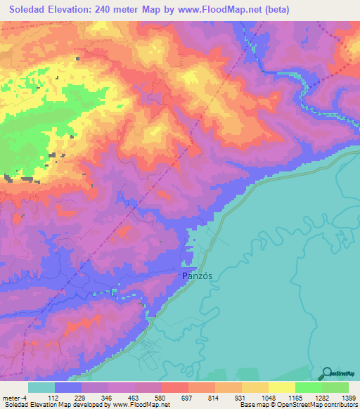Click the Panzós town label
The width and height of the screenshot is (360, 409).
point(197,276)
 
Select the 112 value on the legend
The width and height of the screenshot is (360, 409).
point(55,398)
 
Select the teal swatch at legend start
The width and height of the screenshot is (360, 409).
point(41,387)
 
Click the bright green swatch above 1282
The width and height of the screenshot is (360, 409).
point(308,387)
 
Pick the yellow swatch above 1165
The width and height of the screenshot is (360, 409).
point(281,387)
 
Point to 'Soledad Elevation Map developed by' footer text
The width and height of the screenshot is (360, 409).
point(53,405)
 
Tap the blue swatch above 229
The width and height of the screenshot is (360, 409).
point(68,387)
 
